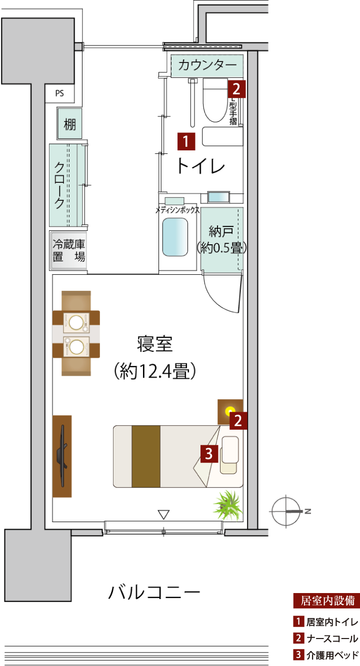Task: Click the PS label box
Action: [59, 93]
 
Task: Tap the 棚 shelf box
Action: [69, 123]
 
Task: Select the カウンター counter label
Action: [207, 65]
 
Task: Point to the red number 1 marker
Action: [186, 141]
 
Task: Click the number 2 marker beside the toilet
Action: [236, 89]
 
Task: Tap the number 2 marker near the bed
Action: [238, 421]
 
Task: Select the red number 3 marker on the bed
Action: [209, 454]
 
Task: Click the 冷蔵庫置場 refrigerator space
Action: [68, 251]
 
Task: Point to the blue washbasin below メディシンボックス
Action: [175, 237]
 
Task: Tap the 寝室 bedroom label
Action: [154, 344]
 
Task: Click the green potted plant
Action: [228, 506]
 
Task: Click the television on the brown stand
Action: [62, 456]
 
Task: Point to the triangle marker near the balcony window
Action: [163, 515]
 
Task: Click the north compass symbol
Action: [286, 512]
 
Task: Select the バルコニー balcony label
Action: [154, 593]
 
